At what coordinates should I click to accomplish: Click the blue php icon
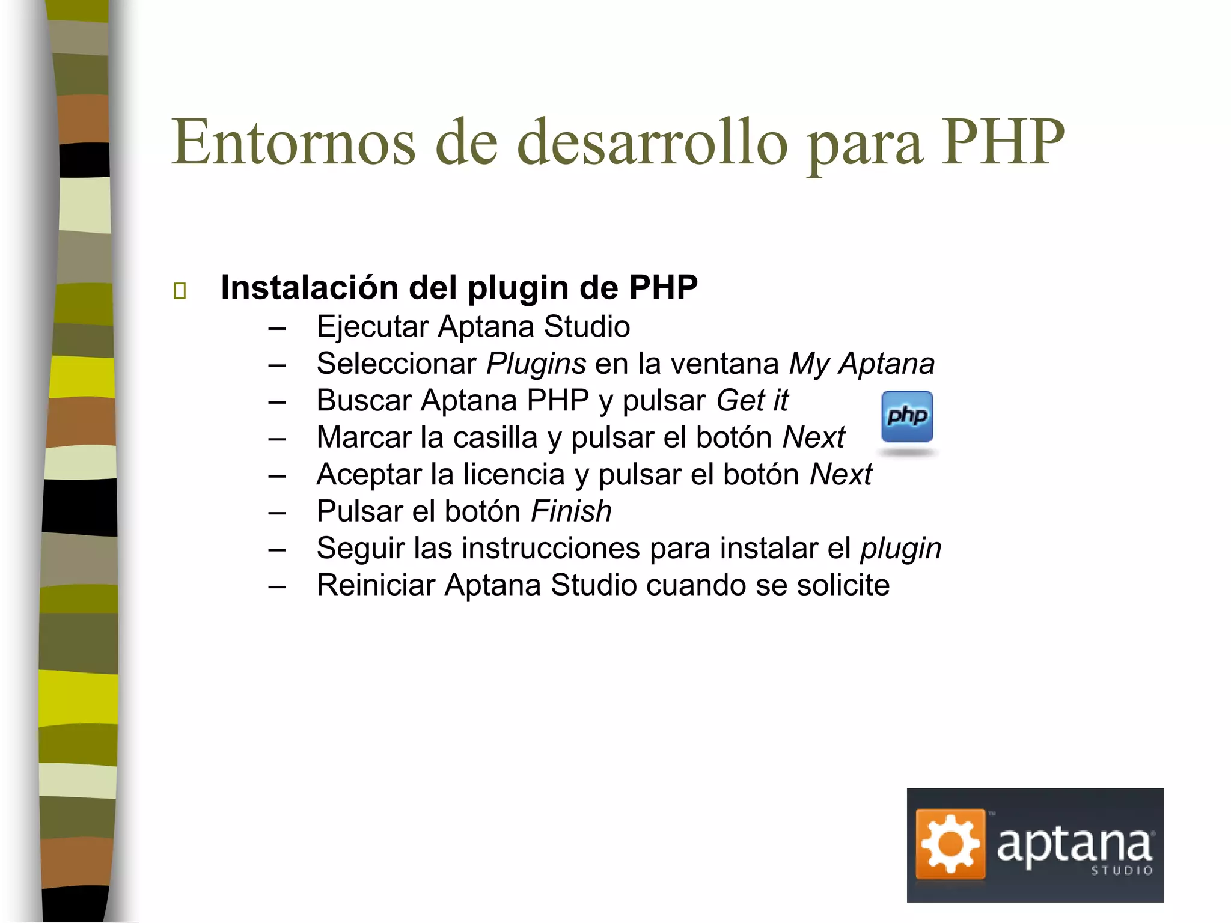coord(907,416)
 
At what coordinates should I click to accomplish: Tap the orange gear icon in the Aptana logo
coord(950,844)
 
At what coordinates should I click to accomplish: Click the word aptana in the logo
coord(1075,844)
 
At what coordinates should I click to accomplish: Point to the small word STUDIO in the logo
coord(1122,871)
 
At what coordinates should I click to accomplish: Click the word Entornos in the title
coord(293,142)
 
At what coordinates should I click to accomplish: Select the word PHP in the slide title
coord(1003,142)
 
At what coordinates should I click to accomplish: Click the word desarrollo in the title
coord(652,142)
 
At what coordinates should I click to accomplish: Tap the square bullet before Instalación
coord(179,291)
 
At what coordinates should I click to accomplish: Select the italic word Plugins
coord(536,364)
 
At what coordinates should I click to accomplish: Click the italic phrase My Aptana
coord(862,364)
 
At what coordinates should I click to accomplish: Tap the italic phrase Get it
coord(752,401)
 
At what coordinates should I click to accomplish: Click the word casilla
coord(495,437)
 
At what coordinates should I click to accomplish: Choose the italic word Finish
coord(571,511)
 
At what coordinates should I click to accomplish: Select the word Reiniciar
coord(376,585)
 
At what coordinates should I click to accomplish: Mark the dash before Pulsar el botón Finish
coord(277,513)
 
